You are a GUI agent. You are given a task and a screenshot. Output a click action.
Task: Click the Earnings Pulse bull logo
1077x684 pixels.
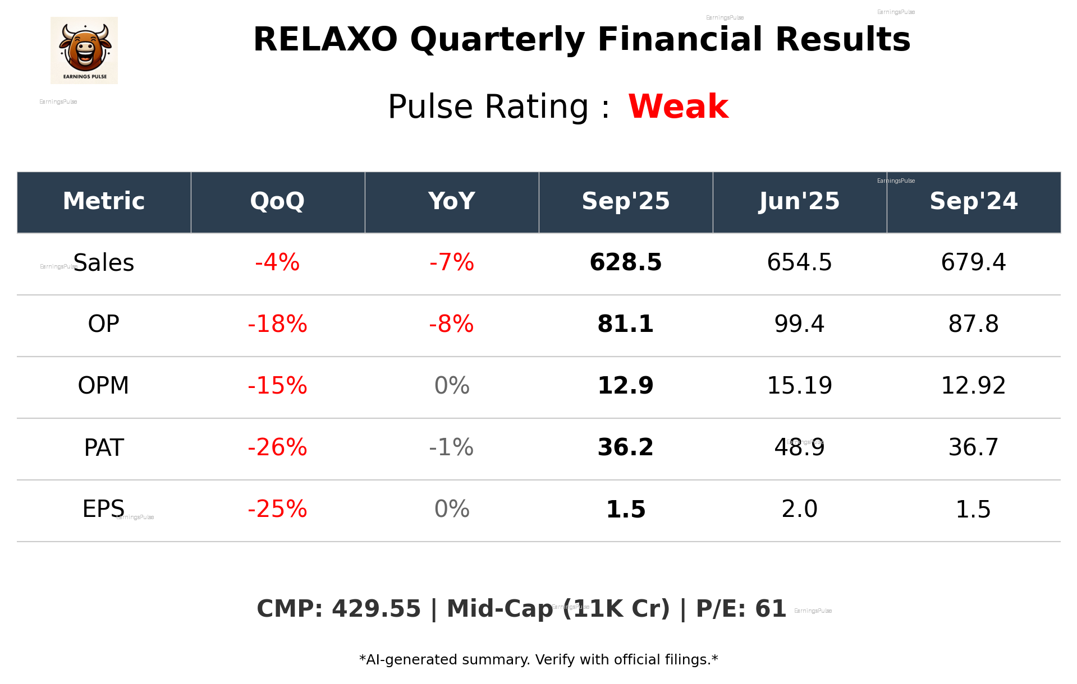click(84, 50)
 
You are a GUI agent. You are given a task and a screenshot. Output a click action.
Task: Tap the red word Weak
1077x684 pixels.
click(678, 107)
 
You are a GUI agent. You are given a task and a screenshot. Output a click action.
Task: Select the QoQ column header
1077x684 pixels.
click(277, 201)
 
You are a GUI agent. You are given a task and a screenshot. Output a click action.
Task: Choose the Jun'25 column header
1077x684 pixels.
click(799, 201)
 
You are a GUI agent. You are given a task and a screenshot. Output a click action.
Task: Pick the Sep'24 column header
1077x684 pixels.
click(973, 201)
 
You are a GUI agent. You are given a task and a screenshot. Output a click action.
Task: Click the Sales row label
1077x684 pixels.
click(104, 263)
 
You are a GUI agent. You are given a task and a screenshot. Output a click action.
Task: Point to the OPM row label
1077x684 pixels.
click(103, 386)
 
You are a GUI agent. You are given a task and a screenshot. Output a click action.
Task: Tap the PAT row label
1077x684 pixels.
click(104, 447)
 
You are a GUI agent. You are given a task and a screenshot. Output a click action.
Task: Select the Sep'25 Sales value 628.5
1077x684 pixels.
click(625, 262)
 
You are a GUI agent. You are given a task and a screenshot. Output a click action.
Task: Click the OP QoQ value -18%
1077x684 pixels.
click(277, 324)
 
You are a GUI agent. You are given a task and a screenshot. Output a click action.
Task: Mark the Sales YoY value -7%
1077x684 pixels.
click(451, 262)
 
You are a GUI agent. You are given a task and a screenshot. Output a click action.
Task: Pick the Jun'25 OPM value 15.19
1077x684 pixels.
click(799, 386)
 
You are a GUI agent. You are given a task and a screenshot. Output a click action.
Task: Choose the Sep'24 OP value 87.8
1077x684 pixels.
click(973, 324)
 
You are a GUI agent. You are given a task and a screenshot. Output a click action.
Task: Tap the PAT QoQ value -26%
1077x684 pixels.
click(277, 447)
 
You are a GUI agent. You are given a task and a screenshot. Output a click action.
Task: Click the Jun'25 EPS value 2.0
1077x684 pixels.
click(799, 509)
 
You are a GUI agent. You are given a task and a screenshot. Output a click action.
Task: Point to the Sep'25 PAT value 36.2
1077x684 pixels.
click(625, 447)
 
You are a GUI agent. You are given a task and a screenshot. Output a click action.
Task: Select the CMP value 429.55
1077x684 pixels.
click(376, 609)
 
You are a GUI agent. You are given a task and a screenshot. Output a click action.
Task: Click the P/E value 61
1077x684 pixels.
click(771, 609)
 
